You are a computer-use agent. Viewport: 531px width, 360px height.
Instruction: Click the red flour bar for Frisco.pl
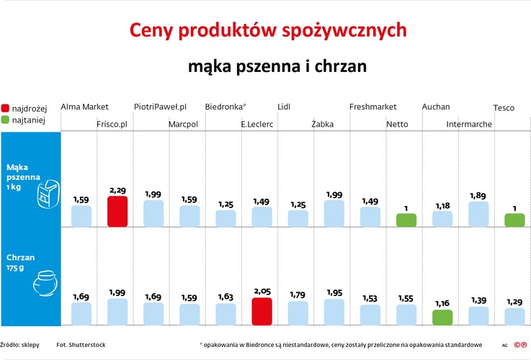pyautogui.click(x=117, y=212)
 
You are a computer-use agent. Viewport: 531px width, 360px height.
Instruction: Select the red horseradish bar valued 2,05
pyautogui.click(x=262, y=312)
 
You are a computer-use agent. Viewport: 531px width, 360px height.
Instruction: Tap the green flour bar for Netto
pyautogui.click(x=406, y=220)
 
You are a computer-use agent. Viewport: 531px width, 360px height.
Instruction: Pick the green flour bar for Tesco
pyautogui.click(x=514, y=220)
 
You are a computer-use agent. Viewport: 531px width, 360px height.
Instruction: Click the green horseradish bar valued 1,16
pyautogui.click(x=442, y=317)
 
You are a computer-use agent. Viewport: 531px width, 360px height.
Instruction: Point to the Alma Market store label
pyautogui.click(x=84, y=107)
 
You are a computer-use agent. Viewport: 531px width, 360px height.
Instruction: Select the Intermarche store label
pyautogui.click(x=469, y=124)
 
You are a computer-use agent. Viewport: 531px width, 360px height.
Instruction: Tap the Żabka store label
pyautogui.click(x=322, y=124)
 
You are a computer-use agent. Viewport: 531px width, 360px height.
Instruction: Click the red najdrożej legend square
pyautogui.click(x=6, y=108)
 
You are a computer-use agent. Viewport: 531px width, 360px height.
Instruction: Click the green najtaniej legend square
pyautogui.click(x=6, y=120)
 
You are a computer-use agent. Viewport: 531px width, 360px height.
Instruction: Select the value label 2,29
pyautogui.click(x=117, y=190)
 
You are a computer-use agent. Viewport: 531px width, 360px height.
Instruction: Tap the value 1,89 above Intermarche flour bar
pyautogui.click(x=478, y=195)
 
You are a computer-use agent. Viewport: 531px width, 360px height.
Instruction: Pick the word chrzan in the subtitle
pyautogui.click(x=342, y=66)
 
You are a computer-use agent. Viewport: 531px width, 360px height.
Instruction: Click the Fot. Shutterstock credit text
pyautogui.click(x=81, y=345)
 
